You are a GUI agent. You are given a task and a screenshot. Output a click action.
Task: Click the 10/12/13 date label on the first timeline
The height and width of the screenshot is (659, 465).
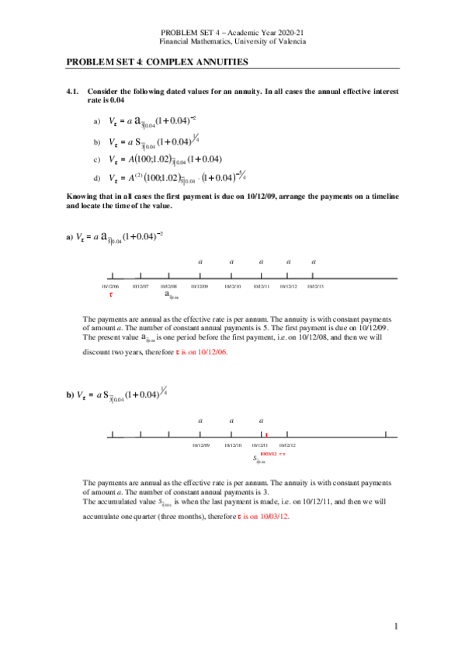(x=315, y=286)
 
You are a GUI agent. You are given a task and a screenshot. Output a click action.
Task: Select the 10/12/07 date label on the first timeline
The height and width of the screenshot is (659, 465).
(x=141, y=286)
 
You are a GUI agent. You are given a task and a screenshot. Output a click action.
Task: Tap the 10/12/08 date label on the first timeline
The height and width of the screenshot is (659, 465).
(x=169, y=286)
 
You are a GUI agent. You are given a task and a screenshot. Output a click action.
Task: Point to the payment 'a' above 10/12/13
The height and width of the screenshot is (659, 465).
(x=314, y=262)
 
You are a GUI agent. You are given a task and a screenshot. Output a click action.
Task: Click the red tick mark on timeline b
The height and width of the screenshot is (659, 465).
(x=266, y=435)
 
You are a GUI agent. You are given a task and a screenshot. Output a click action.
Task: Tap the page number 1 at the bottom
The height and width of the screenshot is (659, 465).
(x=395, y=626)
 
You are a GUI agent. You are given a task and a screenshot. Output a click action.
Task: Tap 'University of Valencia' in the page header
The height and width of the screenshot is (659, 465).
(x=270, y=40)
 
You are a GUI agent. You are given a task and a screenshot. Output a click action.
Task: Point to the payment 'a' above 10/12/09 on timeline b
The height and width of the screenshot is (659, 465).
(x=200, y=420)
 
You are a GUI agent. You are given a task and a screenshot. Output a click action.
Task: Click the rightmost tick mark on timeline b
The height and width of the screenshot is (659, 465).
(x=386, y=435)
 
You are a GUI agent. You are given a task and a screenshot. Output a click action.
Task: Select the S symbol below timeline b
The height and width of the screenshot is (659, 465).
(x=259, y=459)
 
